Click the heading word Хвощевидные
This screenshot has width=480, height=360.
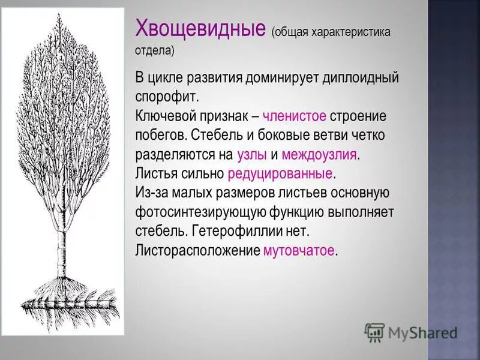click(x=201, y=28)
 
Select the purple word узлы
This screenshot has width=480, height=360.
click(x=251, y=154)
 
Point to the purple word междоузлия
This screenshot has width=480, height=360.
click(x=319, y=154)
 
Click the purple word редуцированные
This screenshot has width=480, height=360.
click(x=280, y=174)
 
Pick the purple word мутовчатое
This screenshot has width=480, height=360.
click(x=299, y=250)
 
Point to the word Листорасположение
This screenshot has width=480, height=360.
click(x=197, y=250)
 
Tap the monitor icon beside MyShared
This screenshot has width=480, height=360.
click(x=374, y=332)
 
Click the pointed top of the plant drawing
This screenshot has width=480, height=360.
click(x=58, y=17)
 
